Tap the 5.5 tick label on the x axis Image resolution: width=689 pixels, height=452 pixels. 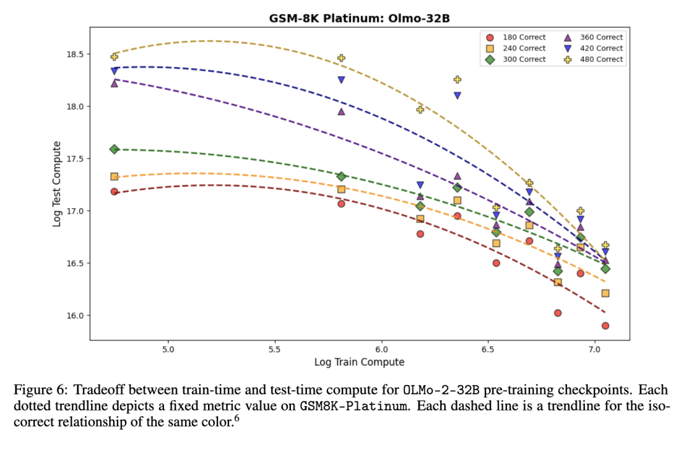tap(275, 350)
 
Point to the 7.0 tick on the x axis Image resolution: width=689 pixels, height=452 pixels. tap(595, 350)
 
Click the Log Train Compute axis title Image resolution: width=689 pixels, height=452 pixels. tap(359, 362)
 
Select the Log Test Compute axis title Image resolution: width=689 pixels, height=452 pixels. tap(57, 184)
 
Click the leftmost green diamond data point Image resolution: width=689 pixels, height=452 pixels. tap(114, 149)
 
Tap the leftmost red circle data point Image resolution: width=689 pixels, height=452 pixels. tap(114, 192)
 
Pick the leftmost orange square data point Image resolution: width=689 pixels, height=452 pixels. tap(114, 177)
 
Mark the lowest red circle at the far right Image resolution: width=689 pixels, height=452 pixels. tap(605, 326)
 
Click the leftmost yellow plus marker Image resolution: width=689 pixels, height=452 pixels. tap(114, 57)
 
